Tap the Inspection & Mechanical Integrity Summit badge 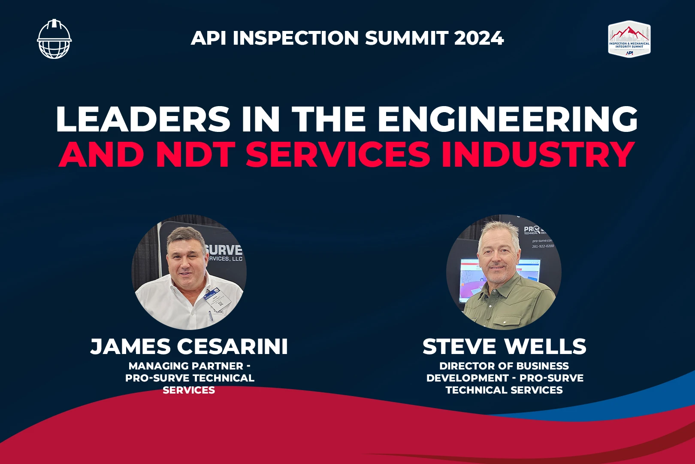click(x=629, y=39)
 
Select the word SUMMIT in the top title click(x=407, y=38)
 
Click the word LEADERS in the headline click(x=143, y=119)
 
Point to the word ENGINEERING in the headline click(x=508, y=119)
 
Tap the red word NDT click(x=195, y=154)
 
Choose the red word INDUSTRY click(x=538, y=154)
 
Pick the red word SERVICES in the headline click(x=338, y=154)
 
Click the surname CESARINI click(x=232, y=347)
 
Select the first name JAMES click(x=130, y=347)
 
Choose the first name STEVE click(x=459, y=347)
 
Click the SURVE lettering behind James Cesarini click(x=224, y=250)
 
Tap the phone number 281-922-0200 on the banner click(x=543, y=246)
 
